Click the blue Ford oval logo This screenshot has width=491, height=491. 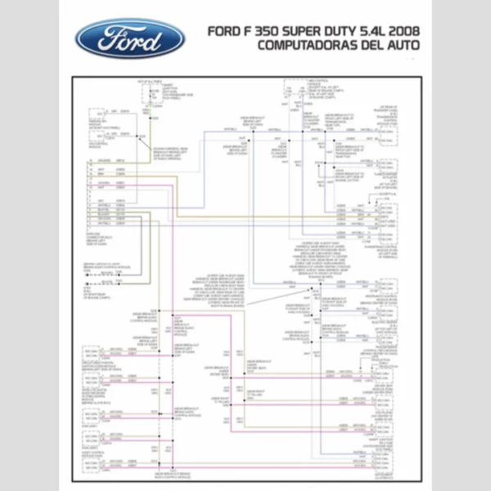130,38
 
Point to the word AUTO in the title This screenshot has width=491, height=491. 403,46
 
